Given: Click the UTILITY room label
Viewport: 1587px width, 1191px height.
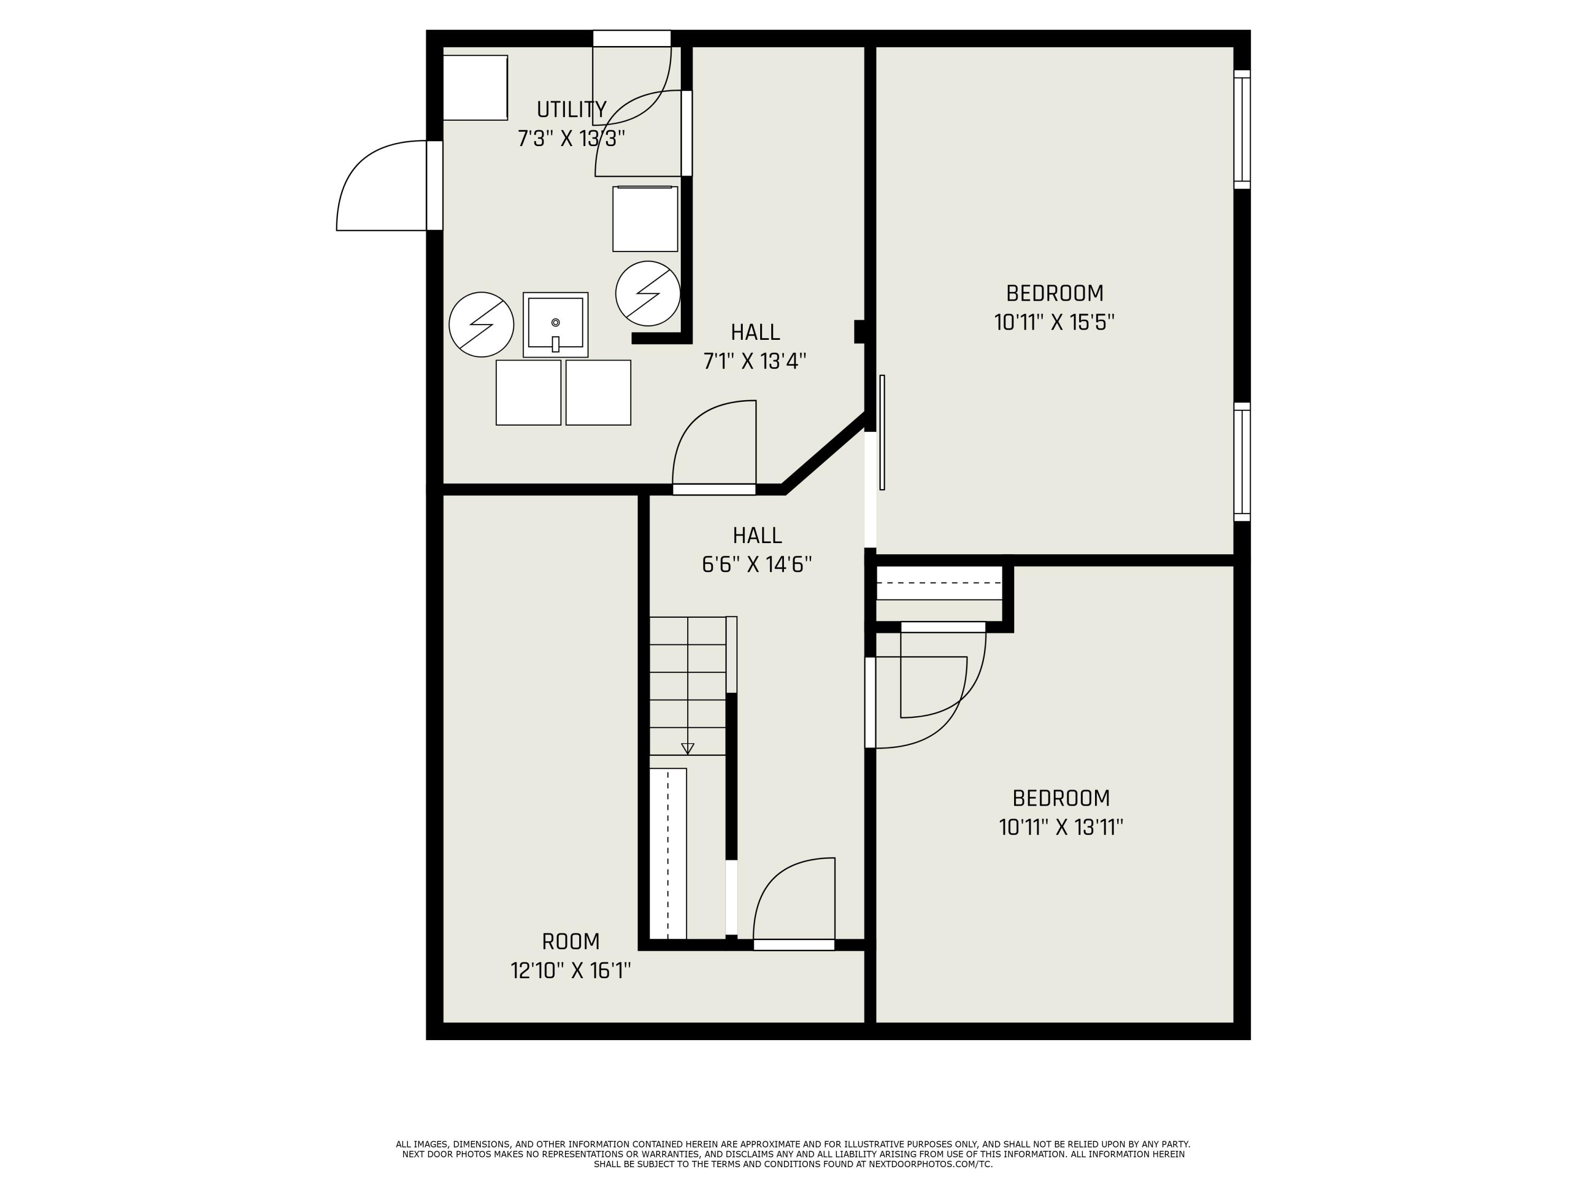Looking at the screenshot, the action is pos(571,110).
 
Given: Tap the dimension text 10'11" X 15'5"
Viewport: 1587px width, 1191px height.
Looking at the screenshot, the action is pos(1054,322).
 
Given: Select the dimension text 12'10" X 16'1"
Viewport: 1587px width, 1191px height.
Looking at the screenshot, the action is pos(570,971).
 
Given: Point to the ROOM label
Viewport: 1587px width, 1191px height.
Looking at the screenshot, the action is pos(570,941).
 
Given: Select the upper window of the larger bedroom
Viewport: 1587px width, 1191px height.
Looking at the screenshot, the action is pos(1242,130).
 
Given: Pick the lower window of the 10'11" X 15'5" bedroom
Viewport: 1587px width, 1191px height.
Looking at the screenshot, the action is pos(1242,462).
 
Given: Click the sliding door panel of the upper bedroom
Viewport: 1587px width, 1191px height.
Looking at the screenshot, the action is pos(882,432).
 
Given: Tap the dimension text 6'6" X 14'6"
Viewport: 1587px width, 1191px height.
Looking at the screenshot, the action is pos(757,565).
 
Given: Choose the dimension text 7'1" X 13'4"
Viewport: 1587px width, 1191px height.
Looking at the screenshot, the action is pos(755,361).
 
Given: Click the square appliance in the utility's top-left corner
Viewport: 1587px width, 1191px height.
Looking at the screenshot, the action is pos(475,87).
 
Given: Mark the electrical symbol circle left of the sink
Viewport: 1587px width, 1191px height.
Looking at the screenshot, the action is pos(481,324).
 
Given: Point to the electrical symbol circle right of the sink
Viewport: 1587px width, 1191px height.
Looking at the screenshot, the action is pos(648,294).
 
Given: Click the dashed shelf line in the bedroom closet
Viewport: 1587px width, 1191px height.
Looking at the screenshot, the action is pos(939,582).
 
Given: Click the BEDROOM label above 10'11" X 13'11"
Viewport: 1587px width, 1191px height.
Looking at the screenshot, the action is pos(1061,798).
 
